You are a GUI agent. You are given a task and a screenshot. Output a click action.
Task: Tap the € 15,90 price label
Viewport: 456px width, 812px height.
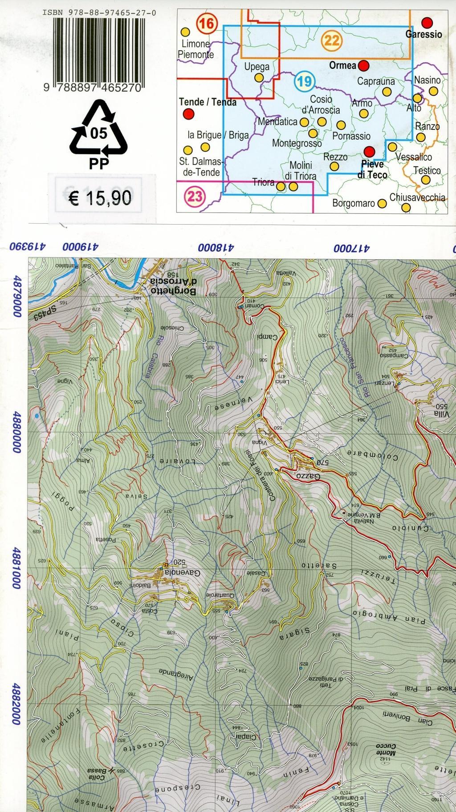[100, 197]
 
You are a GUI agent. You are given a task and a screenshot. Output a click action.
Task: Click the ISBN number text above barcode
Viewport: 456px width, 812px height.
[99, 13]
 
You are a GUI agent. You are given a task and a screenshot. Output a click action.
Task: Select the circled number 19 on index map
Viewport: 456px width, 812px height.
[305, 81]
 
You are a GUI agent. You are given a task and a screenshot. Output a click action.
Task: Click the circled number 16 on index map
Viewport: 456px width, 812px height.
[207, 23]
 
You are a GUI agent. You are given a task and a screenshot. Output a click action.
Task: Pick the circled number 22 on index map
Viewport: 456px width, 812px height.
[332, 41]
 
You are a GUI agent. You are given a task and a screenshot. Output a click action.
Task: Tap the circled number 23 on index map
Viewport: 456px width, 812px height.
[195, 196]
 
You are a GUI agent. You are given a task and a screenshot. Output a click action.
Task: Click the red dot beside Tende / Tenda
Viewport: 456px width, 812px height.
[189, 114]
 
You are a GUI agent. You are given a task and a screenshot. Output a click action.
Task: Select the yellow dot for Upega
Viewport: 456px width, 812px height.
[259, 77]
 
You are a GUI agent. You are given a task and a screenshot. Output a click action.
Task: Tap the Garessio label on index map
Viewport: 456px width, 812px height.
[423, 34]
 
